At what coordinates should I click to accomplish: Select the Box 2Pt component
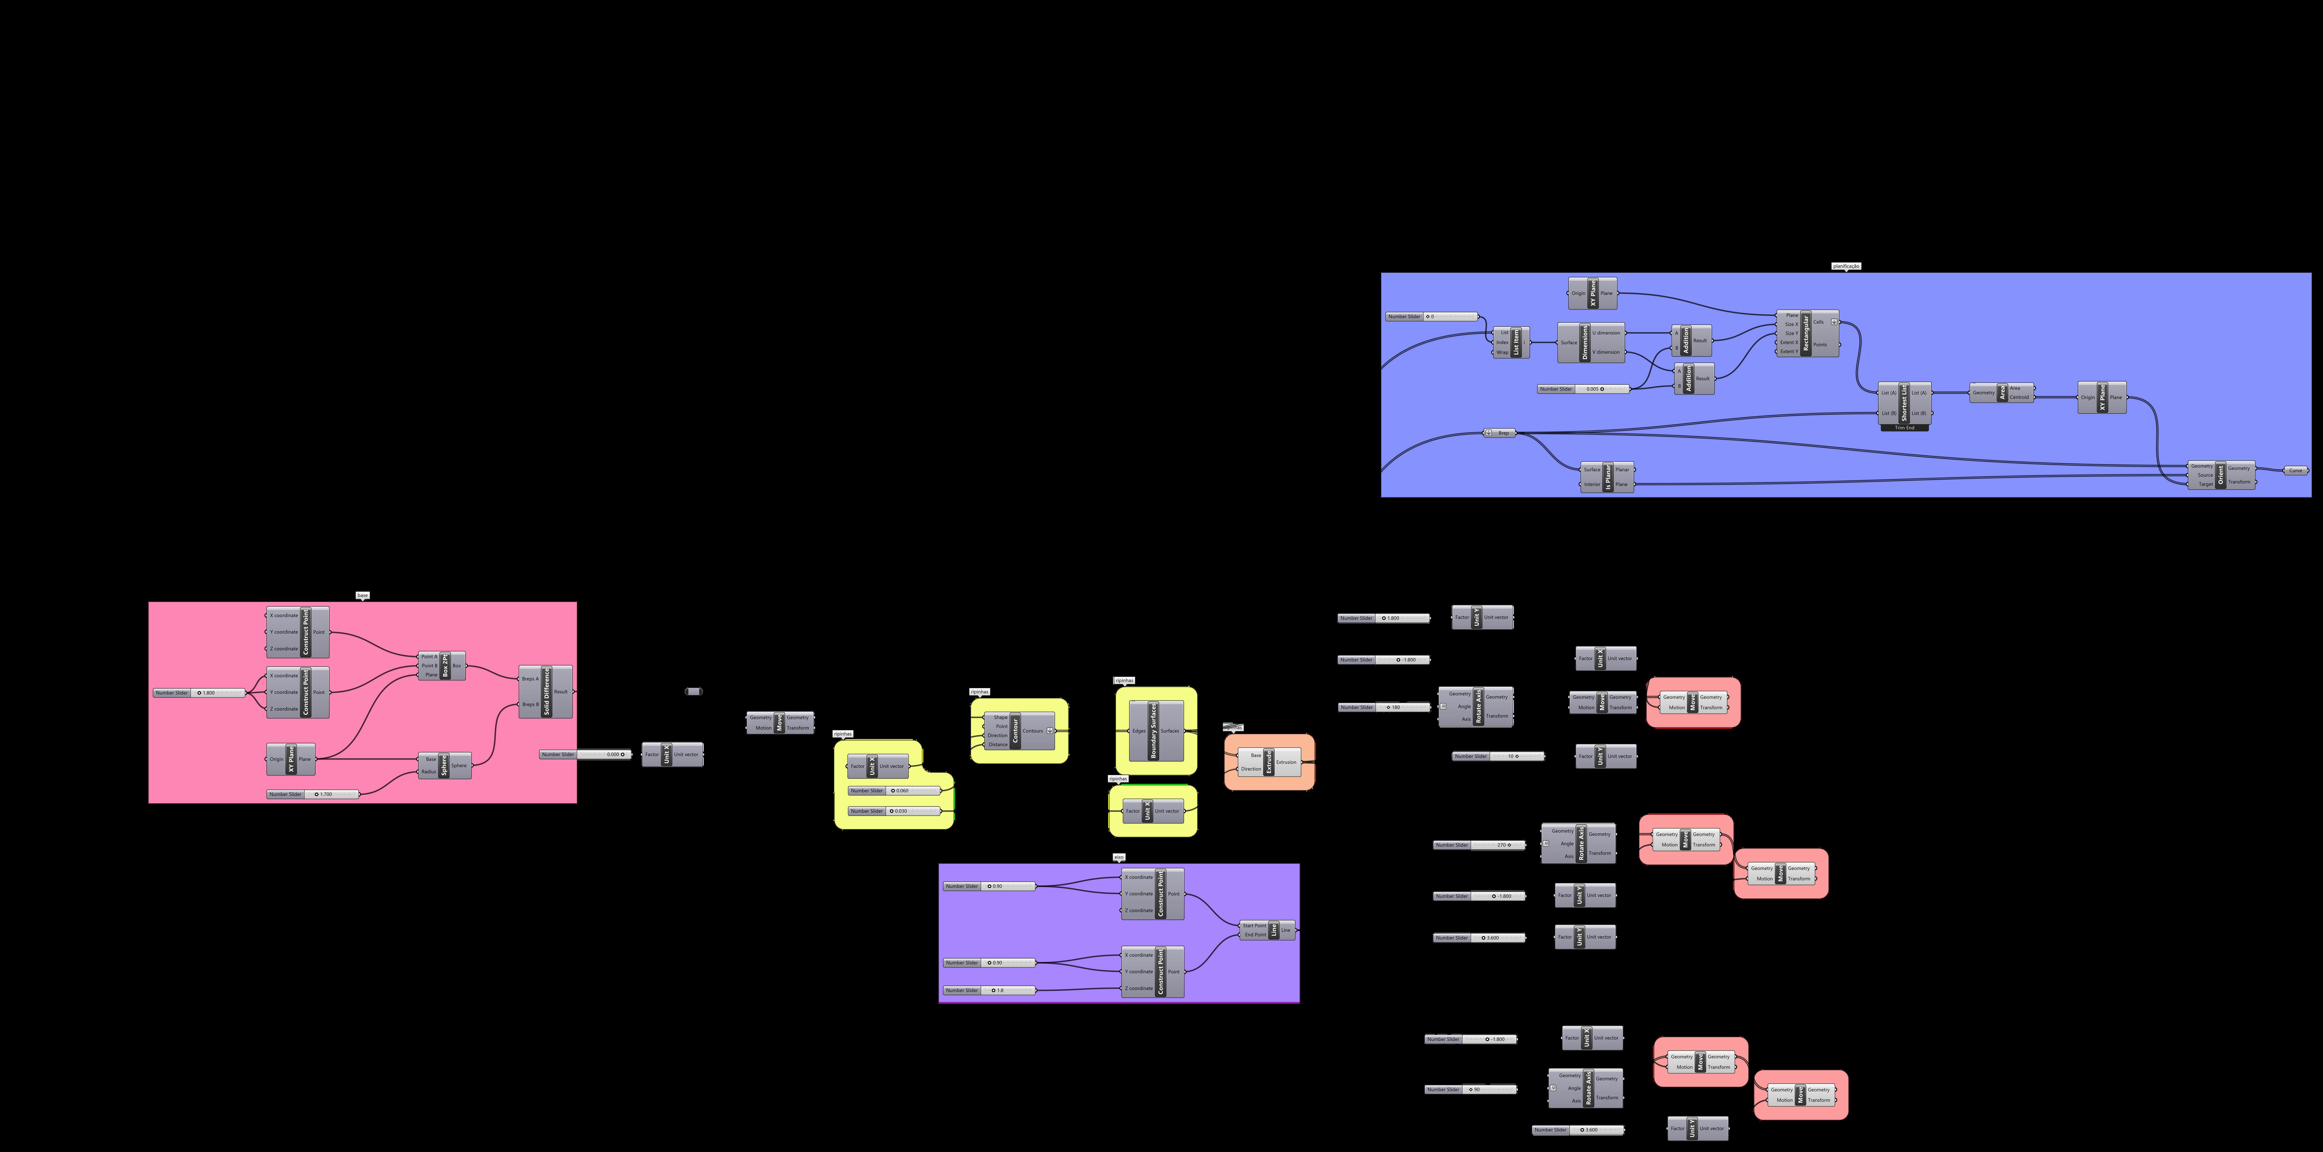445,666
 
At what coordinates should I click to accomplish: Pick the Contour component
1015,731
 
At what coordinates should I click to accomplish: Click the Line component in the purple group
1273,930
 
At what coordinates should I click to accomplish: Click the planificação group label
1846,266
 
